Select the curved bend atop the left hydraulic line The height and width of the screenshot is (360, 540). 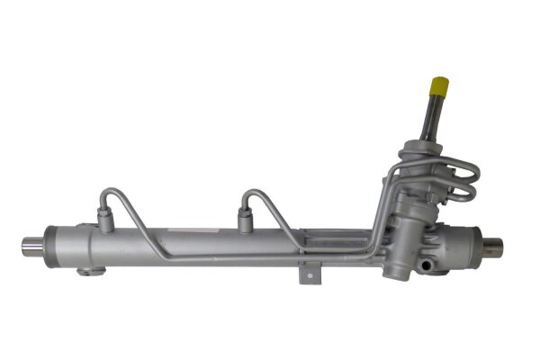[x=112, y=191]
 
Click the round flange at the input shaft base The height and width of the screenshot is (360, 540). [x=431, y=146]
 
